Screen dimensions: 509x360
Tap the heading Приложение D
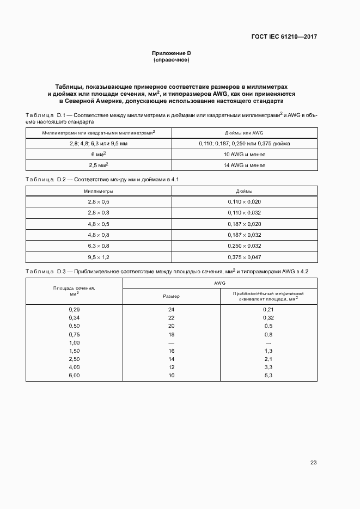click(171, 53)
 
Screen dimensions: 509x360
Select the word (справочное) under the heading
click(171, 60)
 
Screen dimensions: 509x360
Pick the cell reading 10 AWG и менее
click(245, 155)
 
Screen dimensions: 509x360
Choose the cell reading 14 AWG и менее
click(245, 165)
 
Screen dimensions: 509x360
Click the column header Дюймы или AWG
click(245, 133)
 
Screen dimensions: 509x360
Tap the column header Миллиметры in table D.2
click(99, 191)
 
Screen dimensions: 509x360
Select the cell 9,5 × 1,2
click(99, 256)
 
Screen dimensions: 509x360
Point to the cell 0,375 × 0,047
click(245, 256)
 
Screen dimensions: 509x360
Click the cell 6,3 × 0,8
click(99, 245)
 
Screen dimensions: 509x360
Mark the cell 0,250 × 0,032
click(245, 245)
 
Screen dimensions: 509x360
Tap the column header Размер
click(171, 296)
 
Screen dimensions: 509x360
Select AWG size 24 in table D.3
click(171, 309)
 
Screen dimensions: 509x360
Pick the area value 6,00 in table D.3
click(75, 376)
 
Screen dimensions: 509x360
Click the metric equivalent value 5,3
click(268, 376)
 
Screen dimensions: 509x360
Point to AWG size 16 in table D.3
click(171, 351)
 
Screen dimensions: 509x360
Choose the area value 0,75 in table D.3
click(75, 334)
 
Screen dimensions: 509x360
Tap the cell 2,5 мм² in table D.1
click(99, 165)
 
